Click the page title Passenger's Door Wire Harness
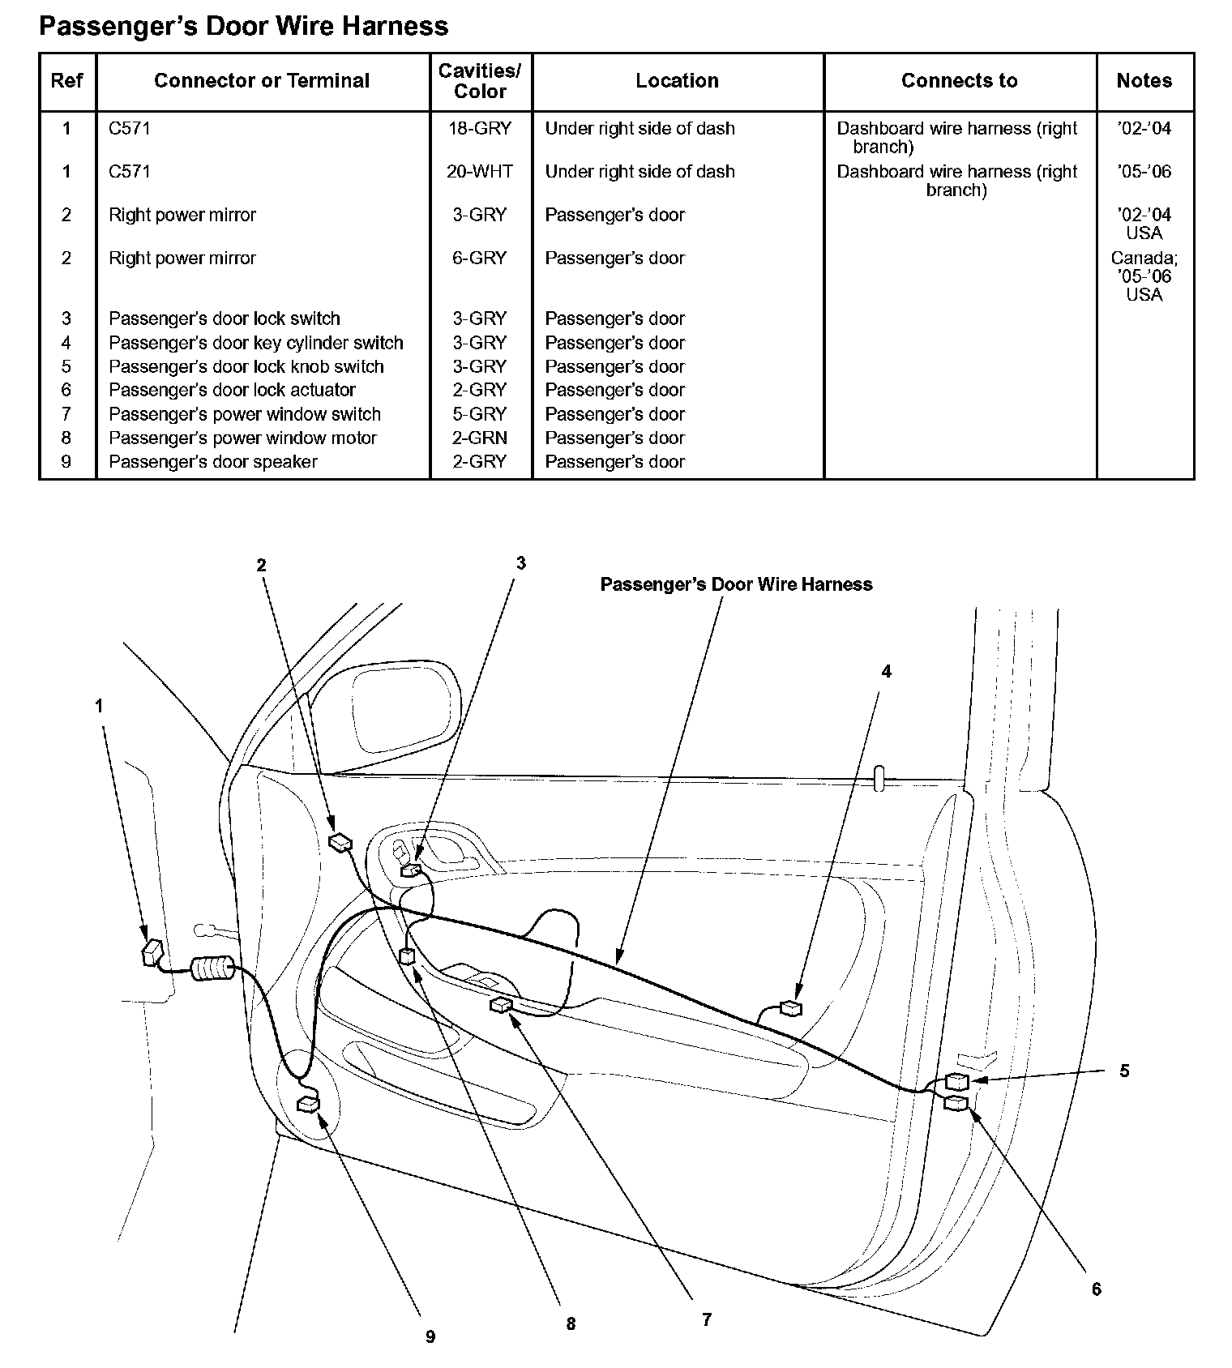[243, 27]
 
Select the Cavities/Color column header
[480, 81]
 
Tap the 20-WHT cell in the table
[480, 172]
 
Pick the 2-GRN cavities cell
[480, 438]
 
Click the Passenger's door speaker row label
[212, 462]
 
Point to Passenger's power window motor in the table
[242, 438]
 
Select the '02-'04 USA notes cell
[1144, 224]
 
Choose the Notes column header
[1144, 81]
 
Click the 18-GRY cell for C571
[480, 129]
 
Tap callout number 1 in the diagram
[99, 707]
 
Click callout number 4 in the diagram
[886, 672]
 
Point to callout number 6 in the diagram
[1096, 1289]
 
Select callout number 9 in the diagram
[430, 1337]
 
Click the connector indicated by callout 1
[152, 953]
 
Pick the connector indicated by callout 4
[789, 1008]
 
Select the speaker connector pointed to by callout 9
[309, 1103]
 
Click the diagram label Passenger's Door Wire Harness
[736, 585]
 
